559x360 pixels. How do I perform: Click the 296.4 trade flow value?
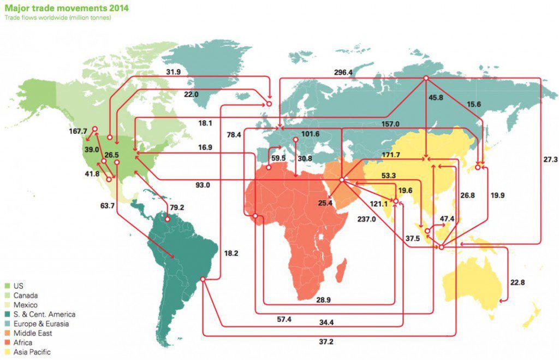pyautogui.click(x=344, y=72)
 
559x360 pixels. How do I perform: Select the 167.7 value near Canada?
pyautogui.click(x=78, y=132)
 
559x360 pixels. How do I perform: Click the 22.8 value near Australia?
pyautogui.click(x=518, y=282)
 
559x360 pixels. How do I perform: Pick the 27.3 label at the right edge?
pyautogui.click(x=550, y=160)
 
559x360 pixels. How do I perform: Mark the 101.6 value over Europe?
pyautogui.click(x=310, y=134)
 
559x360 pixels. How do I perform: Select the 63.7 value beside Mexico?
pyautogui.click(x=108, y=206)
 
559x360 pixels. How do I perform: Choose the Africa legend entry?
pyautogui.click(x=22, y=343)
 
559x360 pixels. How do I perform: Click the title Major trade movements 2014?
pyautogui.click(x=58, y=8)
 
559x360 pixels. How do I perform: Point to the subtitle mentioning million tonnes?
pyautogui.click(x=58, y=18)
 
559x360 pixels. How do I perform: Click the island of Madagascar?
pyautogui.click(x=341, y=269)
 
